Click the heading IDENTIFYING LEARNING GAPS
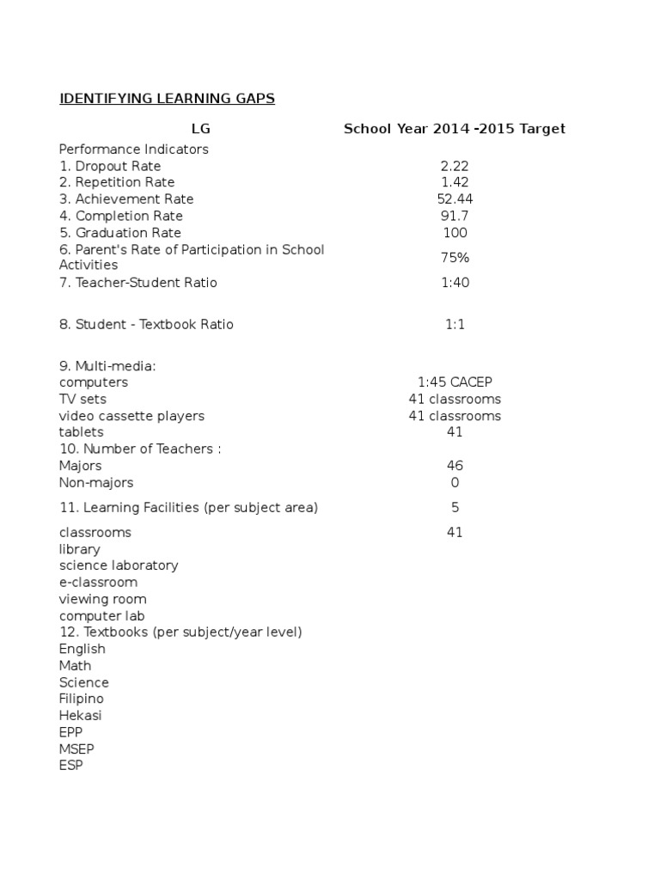pos(167,99)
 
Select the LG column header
pos(200,129)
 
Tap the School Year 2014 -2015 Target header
pos(455,129)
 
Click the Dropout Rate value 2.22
pos(455,166)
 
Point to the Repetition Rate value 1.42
pos(455,182)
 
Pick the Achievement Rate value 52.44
pos(455,199)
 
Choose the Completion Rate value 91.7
pos(455,216)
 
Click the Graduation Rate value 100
pos(455,232)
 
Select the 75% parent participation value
pos(455,258)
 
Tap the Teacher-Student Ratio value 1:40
pos(455,283)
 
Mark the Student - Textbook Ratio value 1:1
pos(455,324)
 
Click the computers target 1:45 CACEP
pos(455,382)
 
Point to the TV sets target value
pos(455,399)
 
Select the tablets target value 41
pos(455,432)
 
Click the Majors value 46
pos(455,466)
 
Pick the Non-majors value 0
pos(455,482)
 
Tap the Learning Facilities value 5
pos(455,508)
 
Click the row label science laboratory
pos(119,565)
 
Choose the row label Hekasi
pos(81,715)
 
